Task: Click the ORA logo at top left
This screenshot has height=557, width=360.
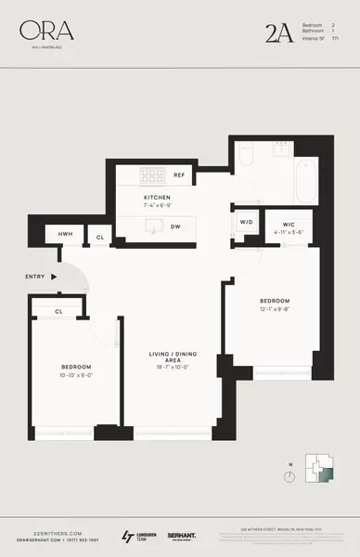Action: tap(45, 32)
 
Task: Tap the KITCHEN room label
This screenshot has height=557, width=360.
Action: tap(156, 199)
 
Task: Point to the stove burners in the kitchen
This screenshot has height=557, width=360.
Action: tap(149, 175)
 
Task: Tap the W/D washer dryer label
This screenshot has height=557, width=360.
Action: tap(247, 223)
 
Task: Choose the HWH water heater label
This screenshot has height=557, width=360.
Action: tap(66, 237)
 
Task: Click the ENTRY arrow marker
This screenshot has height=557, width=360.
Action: tap(54, 276)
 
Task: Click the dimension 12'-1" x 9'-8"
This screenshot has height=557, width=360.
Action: tap(275, 310)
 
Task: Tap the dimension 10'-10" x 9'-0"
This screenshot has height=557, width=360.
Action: tap(75, 375)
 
